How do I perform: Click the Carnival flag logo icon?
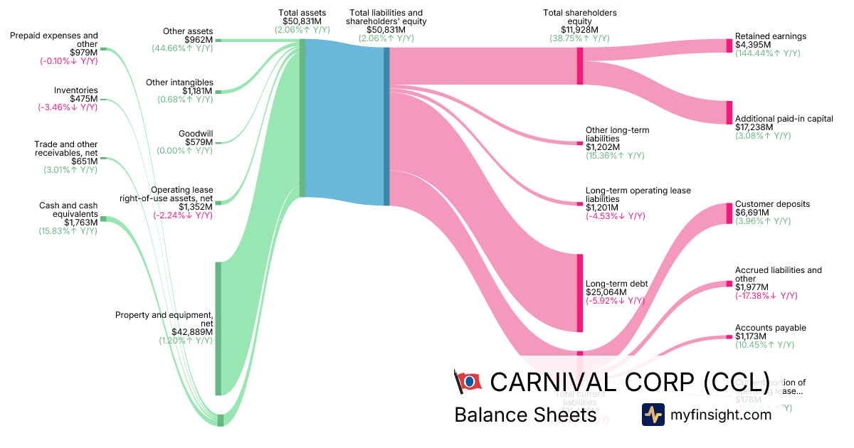click(x=467, y=381)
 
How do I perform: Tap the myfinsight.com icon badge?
click(x=653, y=415)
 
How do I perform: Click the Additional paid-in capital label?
click(x=784, y=119)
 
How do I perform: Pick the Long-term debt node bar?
click(x=580, y=293)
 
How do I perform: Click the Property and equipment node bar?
click(x=218, y=328)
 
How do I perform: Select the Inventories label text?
click(x=76, y=90)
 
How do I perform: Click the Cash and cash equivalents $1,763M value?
click(x=79, y=223)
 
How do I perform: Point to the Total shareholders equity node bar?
click(x=580, y=66)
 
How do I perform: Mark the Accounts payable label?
click(x=770, y=328)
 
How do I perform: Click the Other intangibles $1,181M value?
click(x=197, y=91)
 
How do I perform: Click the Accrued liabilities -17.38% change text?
click(x=766, y=296)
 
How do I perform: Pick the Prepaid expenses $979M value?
click(x=83, y=52)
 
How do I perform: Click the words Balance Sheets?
click(x=525, y=415)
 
